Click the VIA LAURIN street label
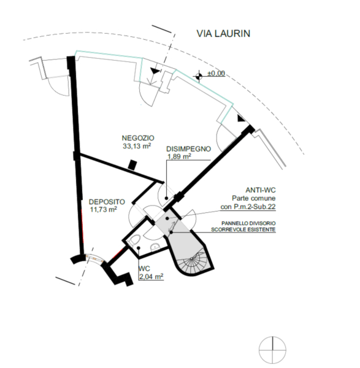tap(223, 34)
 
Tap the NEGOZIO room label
tap(138, 138)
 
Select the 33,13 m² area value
tap(137, 146)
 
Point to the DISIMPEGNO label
tap(188, 149)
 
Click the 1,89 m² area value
tap(179, 156)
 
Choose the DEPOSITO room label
tap(107, 202)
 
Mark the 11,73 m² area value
tap(104, 209)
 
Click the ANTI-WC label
tap(261, 190)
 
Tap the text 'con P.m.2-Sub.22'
tap(248, 207)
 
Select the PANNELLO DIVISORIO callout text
tap(248, 223)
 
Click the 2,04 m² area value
tap(151, 277)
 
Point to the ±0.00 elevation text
tap(216, 74)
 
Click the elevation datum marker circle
tap(199, 76)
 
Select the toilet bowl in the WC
tap(135, 240)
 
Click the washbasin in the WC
tap(155, 247)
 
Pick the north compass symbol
tap(272, 350)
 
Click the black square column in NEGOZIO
tap(132, 165)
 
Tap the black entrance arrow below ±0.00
tap(241, 118)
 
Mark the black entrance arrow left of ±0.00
tap(155, 71)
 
